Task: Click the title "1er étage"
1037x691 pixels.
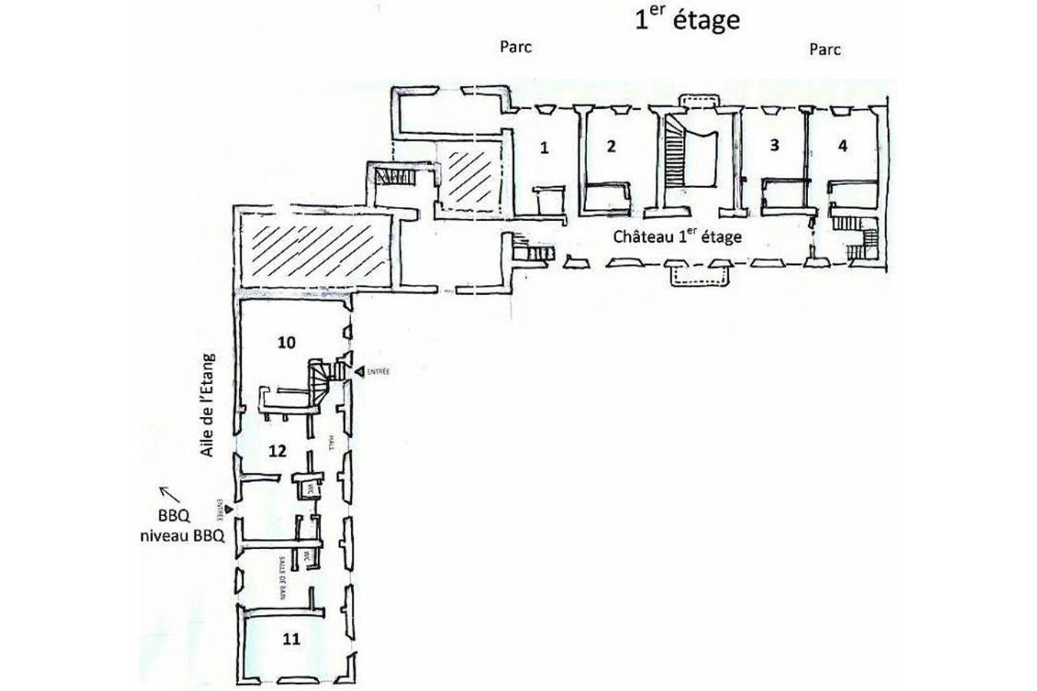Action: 687,19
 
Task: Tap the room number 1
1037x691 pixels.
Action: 544,147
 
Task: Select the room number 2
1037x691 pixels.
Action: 611,146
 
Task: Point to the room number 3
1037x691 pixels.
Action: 774,145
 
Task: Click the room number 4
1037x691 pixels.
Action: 843,145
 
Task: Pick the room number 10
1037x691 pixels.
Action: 286,342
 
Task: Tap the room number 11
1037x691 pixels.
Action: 291,638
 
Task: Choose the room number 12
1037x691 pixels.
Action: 277,450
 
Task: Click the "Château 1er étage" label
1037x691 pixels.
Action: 677,236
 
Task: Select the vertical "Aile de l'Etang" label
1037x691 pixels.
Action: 207,405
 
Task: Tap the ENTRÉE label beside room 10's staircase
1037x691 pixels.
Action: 377,372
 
